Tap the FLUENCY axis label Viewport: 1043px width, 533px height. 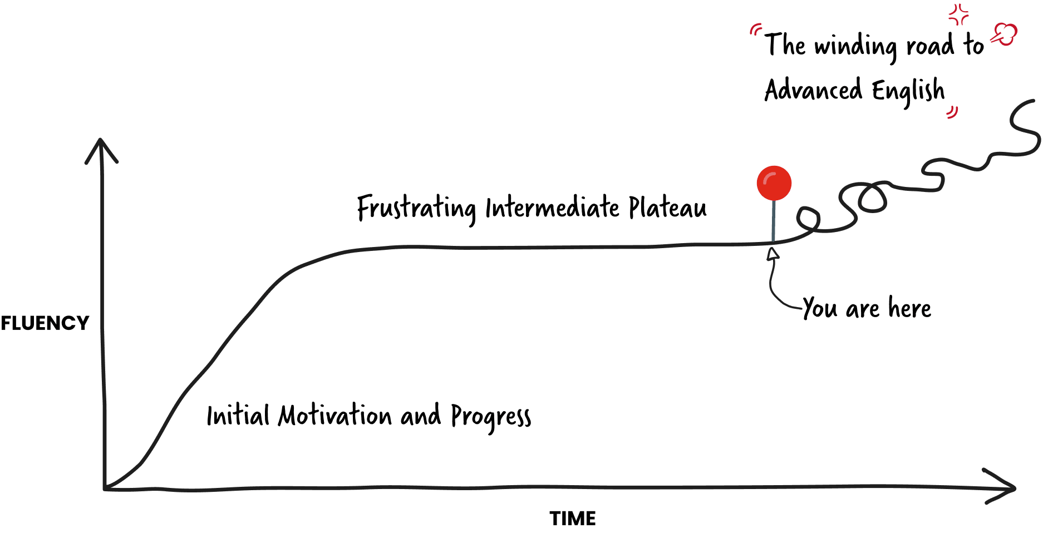click(45, 323)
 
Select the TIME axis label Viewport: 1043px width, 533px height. click(572, 519)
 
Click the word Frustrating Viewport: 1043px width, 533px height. click(416, 209)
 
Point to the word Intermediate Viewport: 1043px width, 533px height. click(552, 208)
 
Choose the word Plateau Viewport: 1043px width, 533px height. click(667, 208)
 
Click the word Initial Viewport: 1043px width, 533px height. click(238, 416)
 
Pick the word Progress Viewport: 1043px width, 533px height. click(490, 417)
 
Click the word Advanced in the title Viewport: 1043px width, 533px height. click(813, 90)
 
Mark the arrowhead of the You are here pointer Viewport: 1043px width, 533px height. click(773, 253)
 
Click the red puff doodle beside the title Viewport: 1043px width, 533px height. click(1005, 34)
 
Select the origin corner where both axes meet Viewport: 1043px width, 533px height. click(105, 488)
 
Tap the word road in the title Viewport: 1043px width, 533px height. click(929, 46)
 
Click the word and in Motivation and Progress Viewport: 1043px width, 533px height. click(420, 416)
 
